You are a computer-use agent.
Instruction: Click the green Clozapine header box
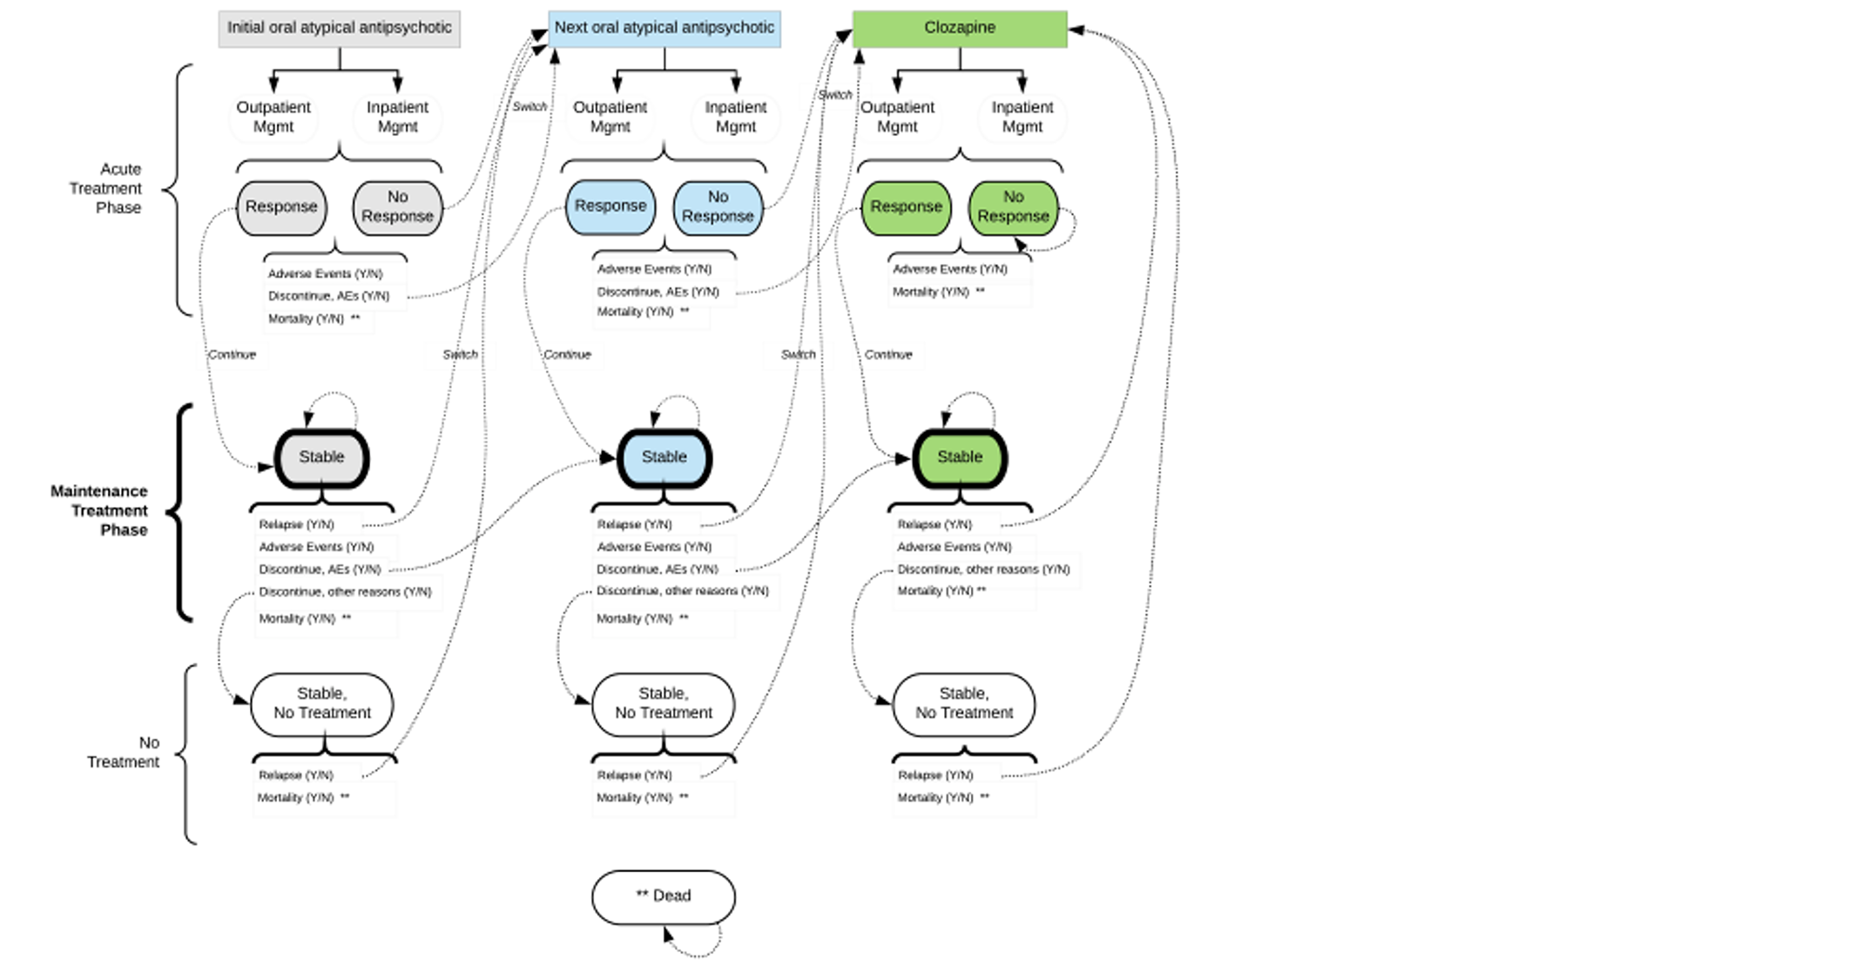pyautogui.click(x=959, y=28)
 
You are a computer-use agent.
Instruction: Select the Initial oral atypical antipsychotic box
pyautogui.click(x=339, y=28)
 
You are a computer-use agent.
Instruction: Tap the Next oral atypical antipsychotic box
pyautogui.click(x=664, y=28)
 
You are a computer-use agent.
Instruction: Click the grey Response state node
pyautogui.click(x=281, y=207)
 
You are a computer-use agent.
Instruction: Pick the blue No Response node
pyautogui.click(x=718, y=207)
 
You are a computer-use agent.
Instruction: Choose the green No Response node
pyautogui.click(x=1013, y=207)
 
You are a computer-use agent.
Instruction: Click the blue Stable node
pyautogui.click(x=664, y=457)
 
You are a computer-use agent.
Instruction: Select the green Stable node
pyautogui.click(x=960, y=457)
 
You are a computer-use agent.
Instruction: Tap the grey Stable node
pyautogui.click(x=321, y=457)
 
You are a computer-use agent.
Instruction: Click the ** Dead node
pyautogui.click(x=664, y=896)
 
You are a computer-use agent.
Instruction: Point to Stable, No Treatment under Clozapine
pyautogui.click(x=963, y=704)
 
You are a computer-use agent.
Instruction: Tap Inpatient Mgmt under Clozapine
pyautogui.click(x=1022, y=117)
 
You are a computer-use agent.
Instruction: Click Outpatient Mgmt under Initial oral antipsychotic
pyautogui.click(x=273, y=117)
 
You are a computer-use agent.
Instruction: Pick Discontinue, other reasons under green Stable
pyautogui.click(x=982, y=569)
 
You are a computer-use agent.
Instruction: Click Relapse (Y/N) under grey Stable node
pyautogui.click(x=296, y=524)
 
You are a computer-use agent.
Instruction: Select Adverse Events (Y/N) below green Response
pyautogui.click(x=949, y=269)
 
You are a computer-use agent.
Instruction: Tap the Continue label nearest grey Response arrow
pyautogui.click(x=232, y=355)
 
